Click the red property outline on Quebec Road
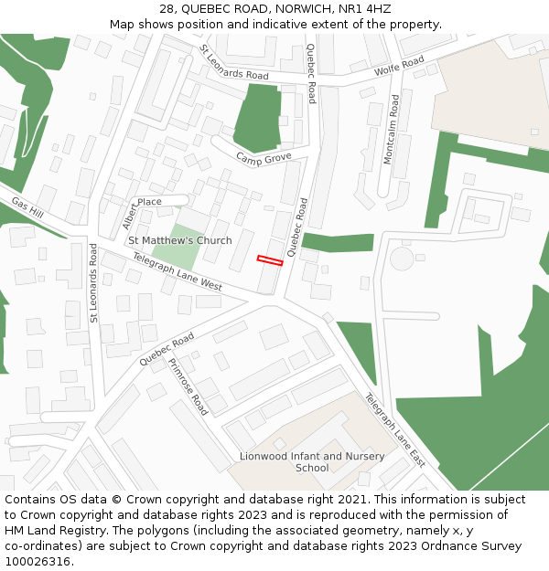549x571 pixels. (x=270, y=261)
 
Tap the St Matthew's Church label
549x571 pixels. (x=179, y=240)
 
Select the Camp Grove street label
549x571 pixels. (x=264, y=159)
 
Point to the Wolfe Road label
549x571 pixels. (x=399, y=67)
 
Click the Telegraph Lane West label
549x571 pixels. (x=177, y=272)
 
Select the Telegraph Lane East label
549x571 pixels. (x=395, y=429)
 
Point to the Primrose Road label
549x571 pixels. (x=188, y=386)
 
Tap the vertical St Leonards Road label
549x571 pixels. (x=93, y=282)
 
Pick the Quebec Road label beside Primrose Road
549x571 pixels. (x=167, y=350)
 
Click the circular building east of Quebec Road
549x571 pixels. (x=402, y=259)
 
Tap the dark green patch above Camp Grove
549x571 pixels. (x=257, y=119)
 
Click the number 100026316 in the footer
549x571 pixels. (x=38, y=561)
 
